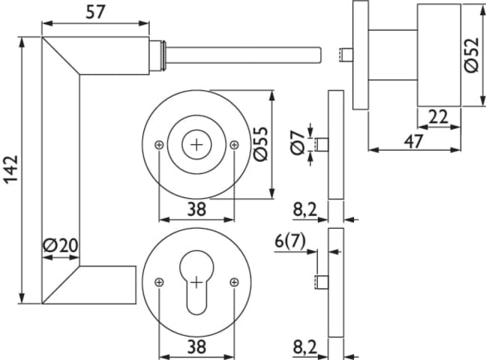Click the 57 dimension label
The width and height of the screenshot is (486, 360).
click(95, 12)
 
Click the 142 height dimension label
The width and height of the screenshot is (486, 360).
click(12, 169)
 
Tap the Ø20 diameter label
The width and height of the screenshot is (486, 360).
click(61, 245)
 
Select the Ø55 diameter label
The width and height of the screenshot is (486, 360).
click(260, 144)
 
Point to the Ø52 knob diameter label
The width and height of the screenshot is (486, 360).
click(472, 55)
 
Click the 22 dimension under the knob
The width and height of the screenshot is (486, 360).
click(438, 117)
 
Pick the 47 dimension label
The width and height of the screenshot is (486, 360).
click(414, 142)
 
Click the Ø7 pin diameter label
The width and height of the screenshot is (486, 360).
click(298, 142)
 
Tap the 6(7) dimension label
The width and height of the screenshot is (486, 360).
click(290, 241)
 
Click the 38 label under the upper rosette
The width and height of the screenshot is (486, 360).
click(196, 209)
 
